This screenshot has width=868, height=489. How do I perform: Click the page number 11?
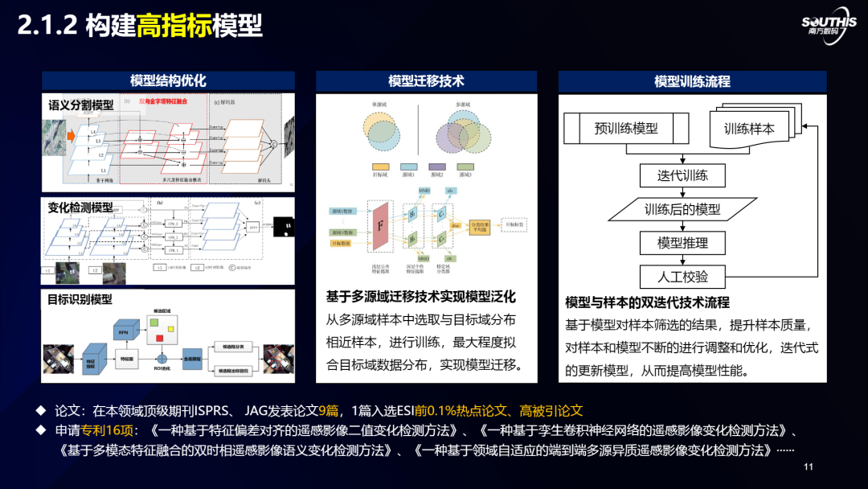click(x=809, y=467)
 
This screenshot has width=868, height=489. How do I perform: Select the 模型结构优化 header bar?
click(x=168, y=80)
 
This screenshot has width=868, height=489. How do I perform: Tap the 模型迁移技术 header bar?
click(x=426, y=80)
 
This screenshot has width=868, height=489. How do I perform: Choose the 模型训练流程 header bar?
click(x=692, y=81)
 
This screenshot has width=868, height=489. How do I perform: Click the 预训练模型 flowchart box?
click(x=626, y=128)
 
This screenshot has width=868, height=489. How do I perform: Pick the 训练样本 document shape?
click(x=750, y=129)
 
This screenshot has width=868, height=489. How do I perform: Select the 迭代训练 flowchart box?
click(x=682, y=176)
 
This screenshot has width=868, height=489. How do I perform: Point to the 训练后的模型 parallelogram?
click(x=682, y=210)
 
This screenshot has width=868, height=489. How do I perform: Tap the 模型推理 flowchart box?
click(x=682, y=243)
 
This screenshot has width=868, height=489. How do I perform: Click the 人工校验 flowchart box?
click(x=682, y=277)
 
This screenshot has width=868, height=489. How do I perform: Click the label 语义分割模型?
click(x=81, y=105)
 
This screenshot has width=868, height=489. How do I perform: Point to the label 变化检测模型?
click(x=80, y=208)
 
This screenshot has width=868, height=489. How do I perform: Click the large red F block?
click(x=380, y=225)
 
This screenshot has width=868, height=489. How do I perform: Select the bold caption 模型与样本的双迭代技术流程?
click(x=647, y=302)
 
